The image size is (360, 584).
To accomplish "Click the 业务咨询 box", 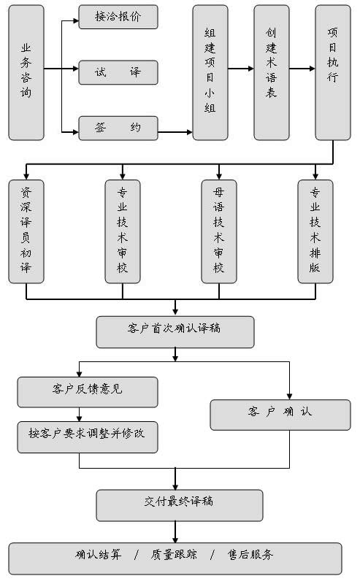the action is coord(26,72).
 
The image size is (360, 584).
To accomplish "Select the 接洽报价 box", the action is coord(118,17).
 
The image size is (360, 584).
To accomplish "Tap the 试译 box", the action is coord(118,72).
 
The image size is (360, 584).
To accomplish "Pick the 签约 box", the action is coord(118,128).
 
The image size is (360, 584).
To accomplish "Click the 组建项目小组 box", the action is coord(210,72).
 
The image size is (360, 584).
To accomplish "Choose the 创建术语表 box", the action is coord(272,72).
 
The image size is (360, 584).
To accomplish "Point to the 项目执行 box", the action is coord(333,72).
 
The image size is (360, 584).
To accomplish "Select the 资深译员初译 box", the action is coord(26,231).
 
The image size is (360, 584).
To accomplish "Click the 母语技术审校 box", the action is coord(219,231).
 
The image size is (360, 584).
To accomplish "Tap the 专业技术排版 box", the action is coord(315,231).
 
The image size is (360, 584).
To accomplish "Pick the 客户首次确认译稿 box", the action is coord(175,332).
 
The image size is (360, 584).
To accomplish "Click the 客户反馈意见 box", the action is coord(88,392).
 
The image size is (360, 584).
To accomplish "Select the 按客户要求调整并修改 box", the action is coord(88,437).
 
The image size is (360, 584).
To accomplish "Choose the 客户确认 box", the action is coord(280,415).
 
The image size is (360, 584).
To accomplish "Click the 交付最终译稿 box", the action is coord(180,505).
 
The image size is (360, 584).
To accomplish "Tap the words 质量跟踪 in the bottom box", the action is coord(174,555).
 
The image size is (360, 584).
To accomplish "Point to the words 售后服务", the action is coord(250,555).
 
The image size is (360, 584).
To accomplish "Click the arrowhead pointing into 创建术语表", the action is coord(250,69).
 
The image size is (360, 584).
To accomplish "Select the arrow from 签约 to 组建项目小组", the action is coord(175,132).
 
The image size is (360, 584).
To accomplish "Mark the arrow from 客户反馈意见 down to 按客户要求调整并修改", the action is coord(79,414).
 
